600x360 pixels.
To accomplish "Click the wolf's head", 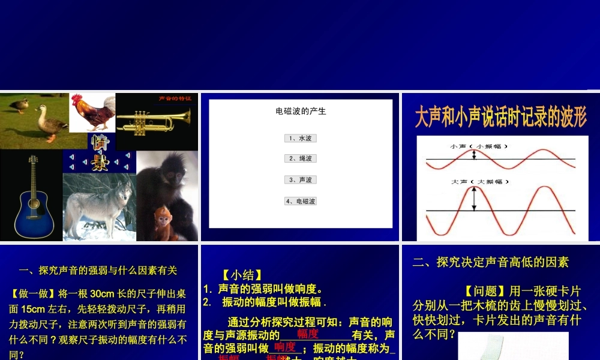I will tap(123, 192).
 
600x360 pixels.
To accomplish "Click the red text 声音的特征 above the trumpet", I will tap(175, 98).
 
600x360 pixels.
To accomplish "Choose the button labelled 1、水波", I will tap(300, 138).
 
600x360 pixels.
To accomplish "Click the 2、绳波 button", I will tap(300, 158).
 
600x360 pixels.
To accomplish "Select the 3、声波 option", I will tap(300, 179).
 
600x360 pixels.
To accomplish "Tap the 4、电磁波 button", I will tap(300, 201).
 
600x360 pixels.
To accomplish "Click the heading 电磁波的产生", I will tap(301, 111).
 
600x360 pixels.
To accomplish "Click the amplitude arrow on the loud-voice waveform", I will tap(474, 199).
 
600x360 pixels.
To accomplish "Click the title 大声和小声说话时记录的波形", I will tap(500, 118).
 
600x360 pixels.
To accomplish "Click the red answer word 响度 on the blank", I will tap(285, 347).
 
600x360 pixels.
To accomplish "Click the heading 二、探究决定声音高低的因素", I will tap(490, 262).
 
